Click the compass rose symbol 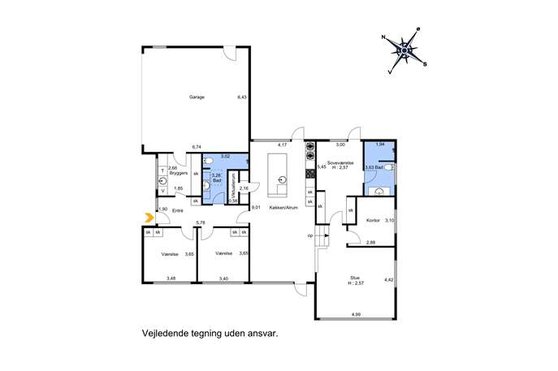(404, 50)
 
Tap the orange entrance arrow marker (148, 217)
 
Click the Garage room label (197, 97)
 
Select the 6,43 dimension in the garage (241, 97)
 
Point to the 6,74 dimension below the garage (196, 147)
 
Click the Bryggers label (179, 172)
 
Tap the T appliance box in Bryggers (163, 170)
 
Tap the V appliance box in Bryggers (163, 192)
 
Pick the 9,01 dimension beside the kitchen (256, 209)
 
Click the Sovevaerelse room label (340, 162)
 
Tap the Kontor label (374, 221)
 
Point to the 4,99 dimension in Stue (356, 313)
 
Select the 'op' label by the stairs (310, 235)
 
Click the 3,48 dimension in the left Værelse (171, 278)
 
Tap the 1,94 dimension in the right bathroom (380, 144)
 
